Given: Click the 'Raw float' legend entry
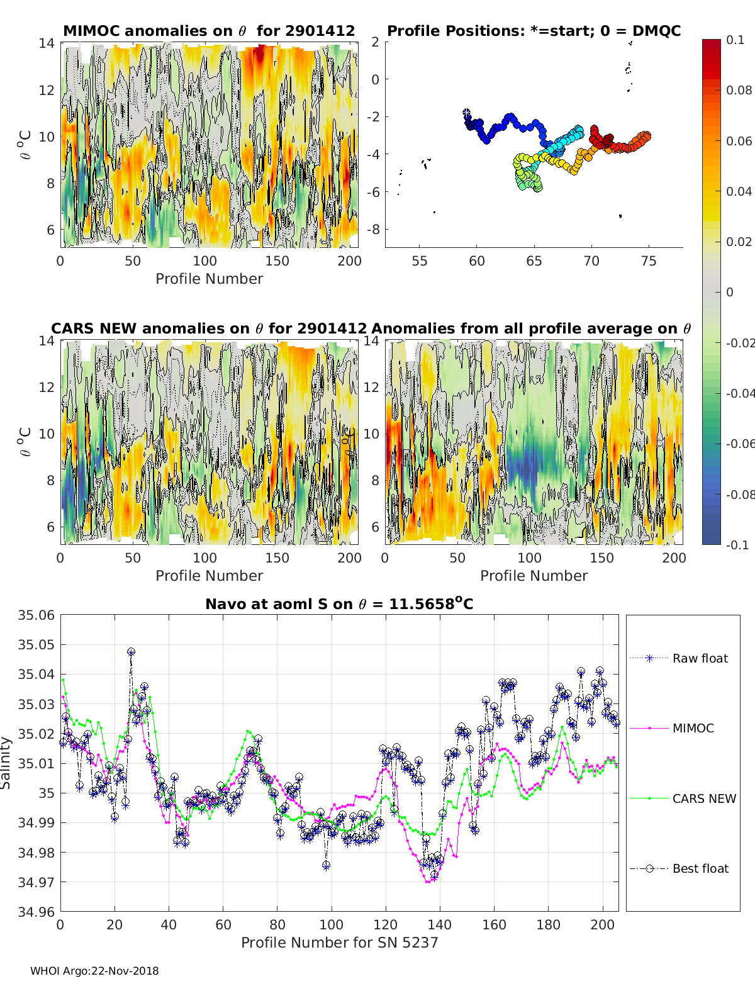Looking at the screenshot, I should tap(700, 658).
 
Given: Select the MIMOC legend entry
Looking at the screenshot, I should tap(693, 728).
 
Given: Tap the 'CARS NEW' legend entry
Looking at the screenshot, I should tap(703, 798).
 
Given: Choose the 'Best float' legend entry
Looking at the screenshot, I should tap(700, 868).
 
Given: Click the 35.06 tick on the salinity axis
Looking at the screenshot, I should tap(36, 615).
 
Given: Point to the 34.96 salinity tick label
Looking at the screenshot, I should tap(36, 912).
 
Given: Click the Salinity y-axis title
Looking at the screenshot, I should tap(6, 763).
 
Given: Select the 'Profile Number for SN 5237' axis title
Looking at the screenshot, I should tap(339, 943).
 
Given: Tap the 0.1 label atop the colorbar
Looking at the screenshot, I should tap(735, 40).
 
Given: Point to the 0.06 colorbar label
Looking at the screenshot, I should tap(739, 141).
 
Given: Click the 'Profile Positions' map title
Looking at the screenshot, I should tap(534, 31).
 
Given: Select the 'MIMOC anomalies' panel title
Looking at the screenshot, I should tap(209, 31).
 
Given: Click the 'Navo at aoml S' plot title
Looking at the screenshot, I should tap(339, 604).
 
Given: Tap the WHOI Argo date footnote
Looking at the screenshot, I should tap(94, 971).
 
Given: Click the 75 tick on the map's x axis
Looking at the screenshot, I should tap(649, 261).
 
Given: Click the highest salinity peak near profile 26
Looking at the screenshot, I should tap(131, 652).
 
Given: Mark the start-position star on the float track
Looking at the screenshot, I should tap(466, 112).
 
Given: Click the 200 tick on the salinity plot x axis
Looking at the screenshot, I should tap(603, 924).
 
